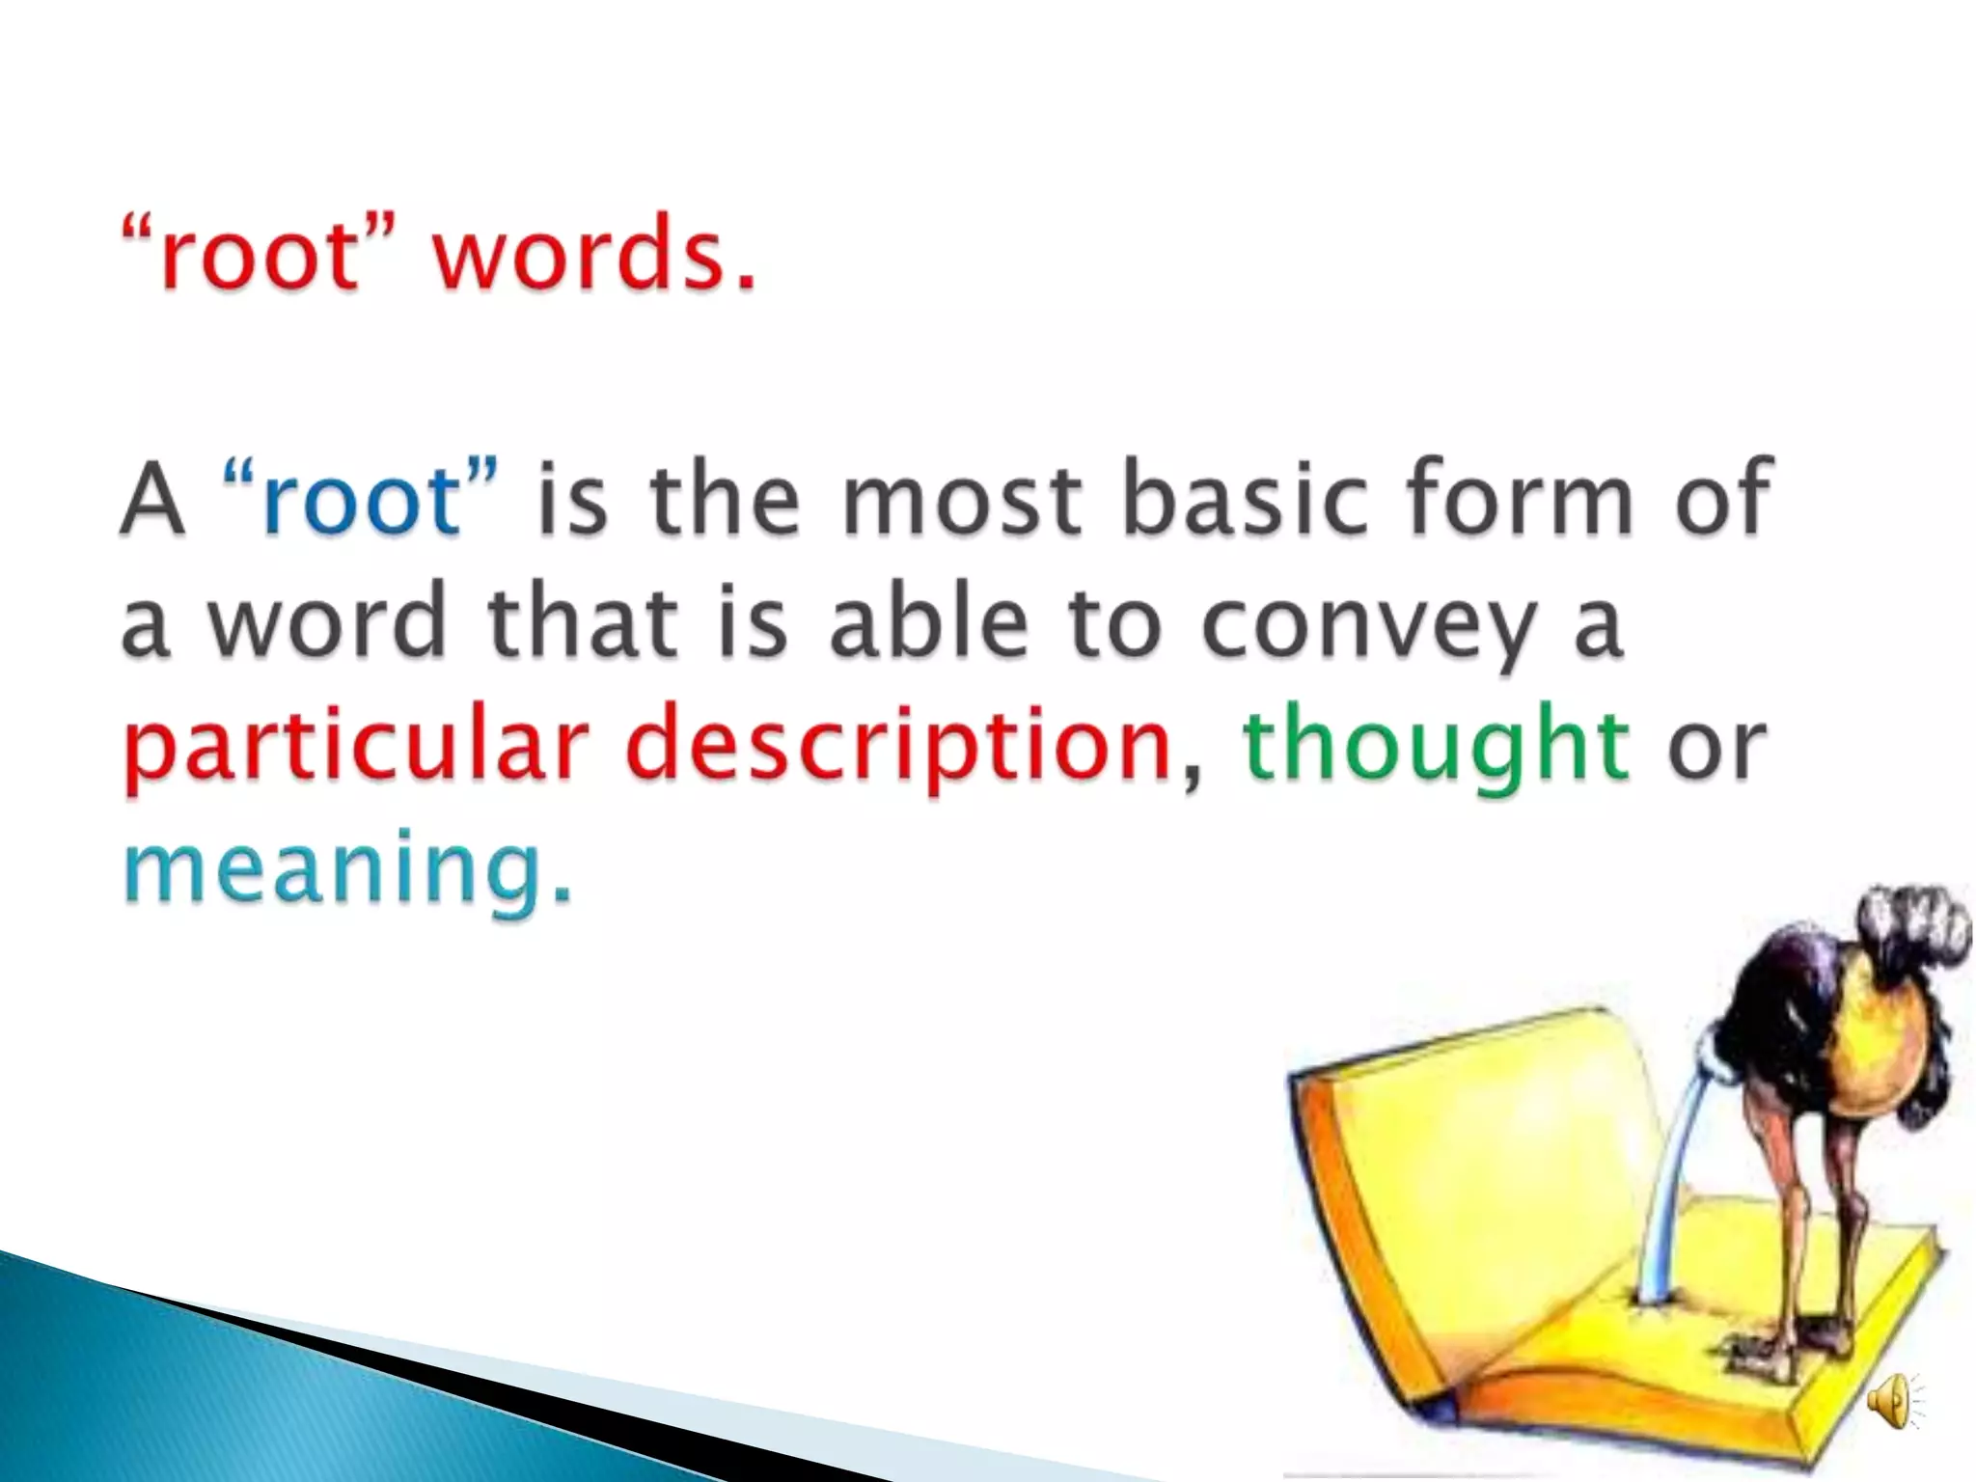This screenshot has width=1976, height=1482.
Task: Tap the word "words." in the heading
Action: coord(592,253)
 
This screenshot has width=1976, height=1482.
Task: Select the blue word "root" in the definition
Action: coord(362,500)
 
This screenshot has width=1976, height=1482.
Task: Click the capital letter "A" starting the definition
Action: coord(152,500)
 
